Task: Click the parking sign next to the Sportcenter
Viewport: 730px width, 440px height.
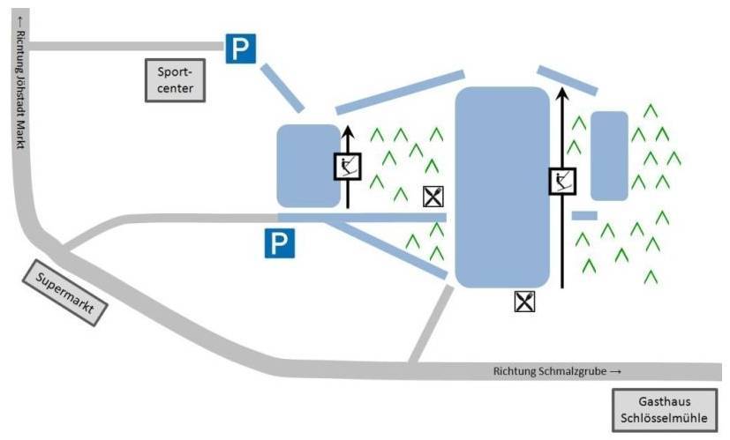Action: [x=239, y=49]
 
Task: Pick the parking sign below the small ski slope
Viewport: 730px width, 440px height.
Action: [x=280, y=244]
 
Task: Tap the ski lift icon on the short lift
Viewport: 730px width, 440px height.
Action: [x=348, y=166]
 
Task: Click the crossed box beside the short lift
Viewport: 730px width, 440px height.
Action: [x=433, y=197]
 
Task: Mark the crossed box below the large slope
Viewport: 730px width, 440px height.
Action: [x=525, y=302]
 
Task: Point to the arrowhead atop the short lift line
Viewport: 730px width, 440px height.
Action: [x=347, y=132]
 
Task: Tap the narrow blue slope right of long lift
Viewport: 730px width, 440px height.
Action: [x=609, y=155]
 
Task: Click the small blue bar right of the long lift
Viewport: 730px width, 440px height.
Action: [x=584, y=215]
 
